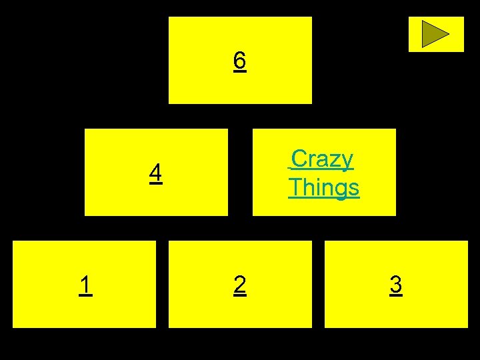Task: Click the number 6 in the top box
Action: click(240, 61)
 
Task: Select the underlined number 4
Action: click(155, 173)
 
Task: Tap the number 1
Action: click(85, 285)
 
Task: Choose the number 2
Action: click(240, 285)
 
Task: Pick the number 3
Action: click(396, 285)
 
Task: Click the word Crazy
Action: click(323, 159)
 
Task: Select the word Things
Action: click(324, 187)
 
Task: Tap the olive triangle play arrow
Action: click(434, 34)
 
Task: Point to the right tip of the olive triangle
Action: click(449, 34)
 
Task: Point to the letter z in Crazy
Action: click(334, 161)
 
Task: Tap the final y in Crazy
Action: click(347, 162)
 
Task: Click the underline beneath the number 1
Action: click(85, 295)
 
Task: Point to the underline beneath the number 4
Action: click(155, 183)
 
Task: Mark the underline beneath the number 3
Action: click(396, 295)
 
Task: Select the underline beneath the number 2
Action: click(240, 295)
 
